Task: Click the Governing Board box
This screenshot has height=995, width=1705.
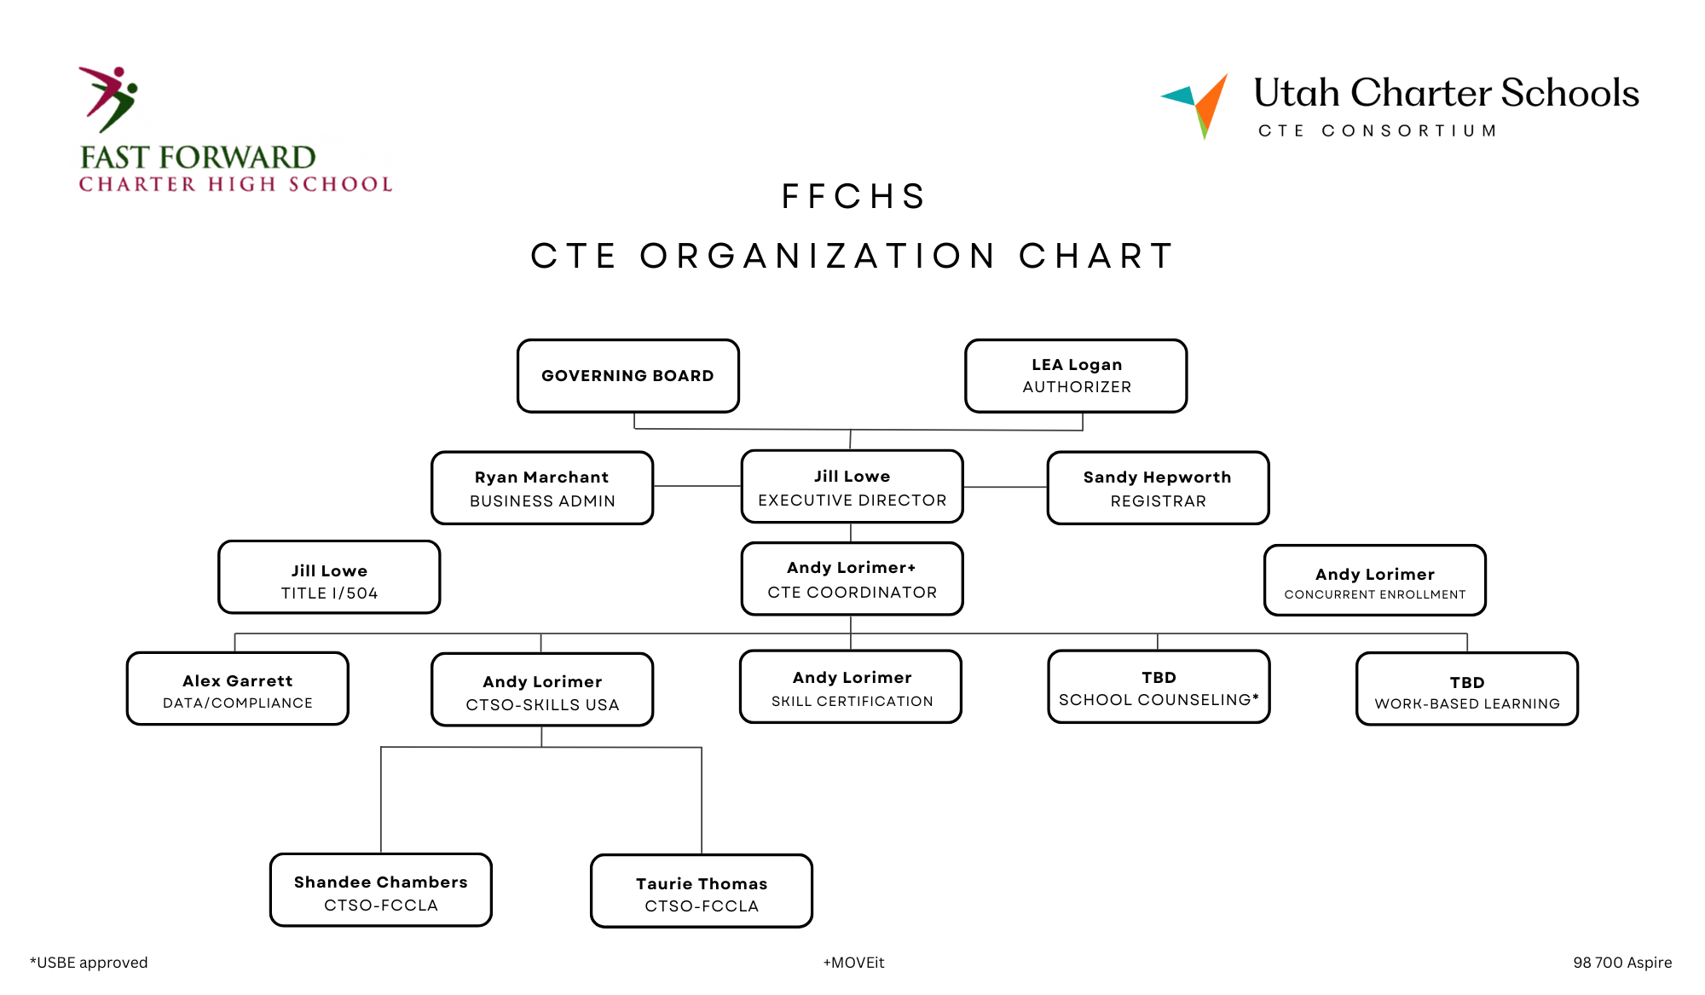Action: [x=628, y=376]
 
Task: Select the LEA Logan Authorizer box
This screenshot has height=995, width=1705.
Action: [x=1076, y=376]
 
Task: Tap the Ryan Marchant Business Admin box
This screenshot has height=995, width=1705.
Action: [x=542, y=488]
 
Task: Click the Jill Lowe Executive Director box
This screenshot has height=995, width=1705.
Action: [x=852, y=487]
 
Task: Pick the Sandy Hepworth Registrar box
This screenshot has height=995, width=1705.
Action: [x=1159, y=488]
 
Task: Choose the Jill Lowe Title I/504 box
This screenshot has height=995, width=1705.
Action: [x=329, y=577]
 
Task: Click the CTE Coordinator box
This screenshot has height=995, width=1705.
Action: [x=852, y=579]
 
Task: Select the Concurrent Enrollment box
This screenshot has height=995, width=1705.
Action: [x=1375, y=581]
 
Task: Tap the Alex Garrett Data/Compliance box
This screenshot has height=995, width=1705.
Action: [x=238, y=689]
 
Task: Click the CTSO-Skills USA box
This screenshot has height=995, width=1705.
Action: [x=542, y=690]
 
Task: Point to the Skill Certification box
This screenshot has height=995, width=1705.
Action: [x=851, y=687]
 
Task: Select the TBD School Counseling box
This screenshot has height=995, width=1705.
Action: [x=1159, y=687]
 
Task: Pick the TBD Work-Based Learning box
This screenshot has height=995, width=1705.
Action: [x=1467, y=689]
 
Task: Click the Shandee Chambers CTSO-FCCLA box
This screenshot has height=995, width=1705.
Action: [x=381, y=890]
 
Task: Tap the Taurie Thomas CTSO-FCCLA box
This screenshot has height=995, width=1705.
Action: [x=702, y=891]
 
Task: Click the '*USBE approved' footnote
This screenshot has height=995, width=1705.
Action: [x=89, y=963]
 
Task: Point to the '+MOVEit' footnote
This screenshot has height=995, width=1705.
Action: [x=853, y=963]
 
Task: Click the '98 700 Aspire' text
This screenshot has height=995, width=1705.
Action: [x=1622, y=963]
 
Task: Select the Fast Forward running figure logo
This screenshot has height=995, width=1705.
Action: [x=108, y=99]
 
